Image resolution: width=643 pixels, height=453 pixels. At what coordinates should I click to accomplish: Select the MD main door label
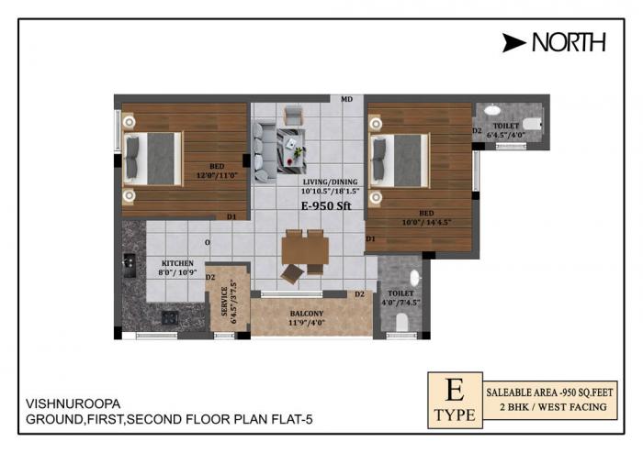click(x=347, y=99)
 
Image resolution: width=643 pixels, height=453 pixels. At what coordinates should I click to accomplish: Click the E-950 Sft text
click(x=326, y=207)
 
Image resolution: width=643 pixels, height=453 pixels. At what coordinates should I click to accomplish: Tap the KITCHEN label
click(x=177, y=263)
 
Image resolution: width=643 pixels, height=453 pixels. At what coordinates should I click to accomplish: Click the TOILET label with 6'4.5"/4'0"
click(x=505, y=126)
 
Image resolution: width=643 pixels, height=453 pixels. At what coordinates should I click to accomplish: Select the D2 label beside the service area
click(x=210, y=277)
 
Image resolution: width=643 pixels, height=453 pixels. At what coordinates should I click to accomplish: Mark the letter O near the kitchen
click(x=208, y=242)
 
